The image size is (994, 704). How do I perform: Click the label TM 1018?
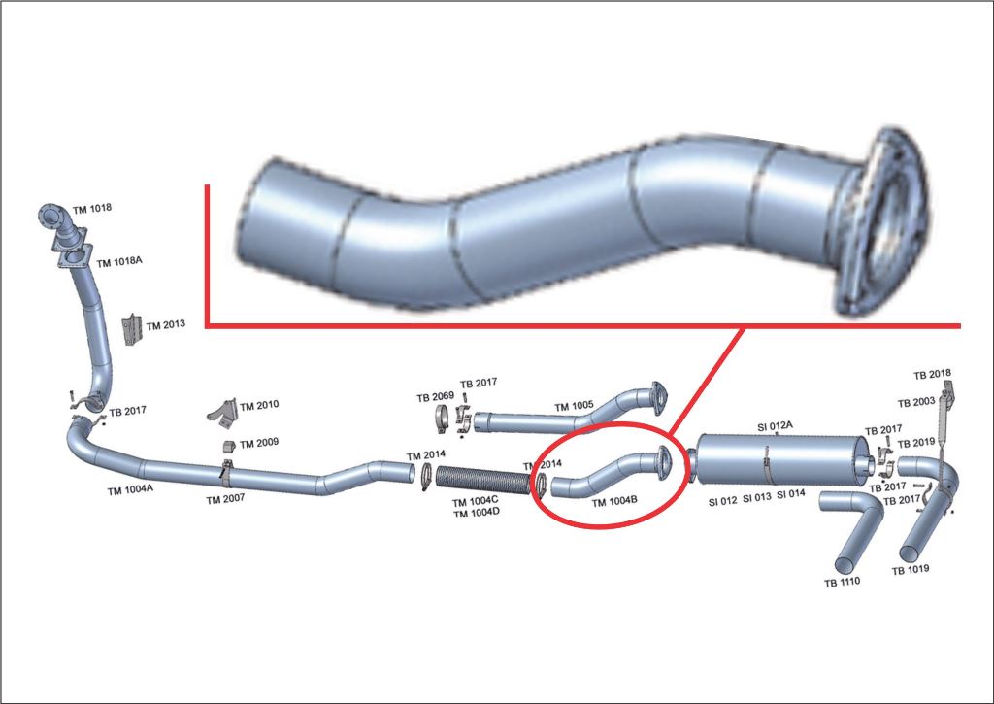point(92,208)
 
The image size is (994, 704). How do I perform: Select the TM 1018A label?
point(120,261)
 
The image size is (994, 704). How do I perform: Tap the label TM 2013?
point(165,324)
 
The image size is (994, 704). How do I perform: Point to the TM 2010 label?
point(259,405)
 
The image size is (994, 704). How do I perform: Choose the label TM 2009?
point(259,442)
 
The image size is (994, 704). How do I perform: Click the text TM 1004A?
point(130,490)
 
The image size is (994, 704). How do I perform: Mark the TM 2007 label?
point(225,498)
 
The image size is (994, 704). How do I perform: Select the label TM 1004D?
point(476,512)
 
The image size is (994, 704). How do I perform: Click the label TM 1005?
point(574,407)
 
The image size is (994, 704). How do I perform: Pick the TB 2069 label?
point(436,396)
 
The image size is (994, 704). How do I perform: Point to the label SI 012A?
point(775,426)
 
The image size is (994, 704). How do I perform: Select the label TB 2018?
point(932,374)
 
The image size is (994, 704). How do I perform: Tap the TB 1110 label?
point(844,583)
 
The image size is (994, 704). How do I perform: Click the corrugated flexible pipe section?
point(481,480)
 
